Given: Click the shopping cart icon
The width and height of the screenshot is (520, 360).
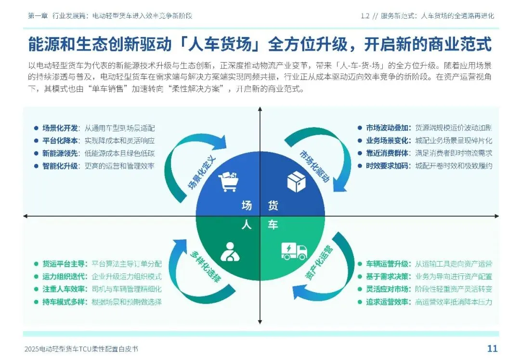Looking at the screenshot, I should [x=229, y=182].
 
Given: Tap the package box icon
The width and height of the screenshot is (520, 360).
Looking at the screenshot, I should [x=296, y=182].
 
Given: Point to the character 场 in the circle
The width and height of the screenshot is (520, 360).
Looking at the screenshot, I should [x=247, y=206].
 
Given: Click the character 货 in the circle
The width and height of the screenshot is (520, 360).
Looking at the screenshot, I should [x=273, y=206].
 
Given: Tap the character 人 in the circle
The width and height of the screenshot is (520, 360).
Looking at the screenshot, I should [x=247, y=225].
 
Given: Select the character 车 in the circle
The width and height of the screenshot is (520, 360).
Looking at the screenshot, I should [x=273, y=225].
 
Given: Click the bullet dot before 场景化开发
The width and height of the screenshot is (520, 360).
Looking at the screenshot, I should [x=36, y=128].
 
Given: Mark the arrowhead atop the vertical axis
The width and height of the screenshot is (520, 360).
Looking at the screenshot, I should [x=260, y=111].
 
